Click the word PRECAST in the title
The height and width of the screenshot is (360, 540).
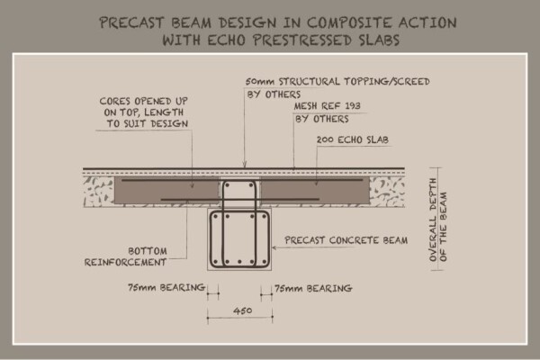point(131,22)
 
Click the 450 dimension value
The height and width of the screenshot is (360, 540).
point(242,310)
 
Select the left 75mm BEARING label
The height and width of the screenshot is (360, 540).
point(166,287)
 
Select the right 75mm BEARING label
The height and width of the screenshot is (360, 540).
point(313,288)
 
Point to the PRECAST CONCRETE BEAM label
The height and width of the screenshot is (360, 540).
point(346,240)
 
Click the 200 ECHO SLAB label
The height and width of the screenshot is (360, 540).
point(353,139)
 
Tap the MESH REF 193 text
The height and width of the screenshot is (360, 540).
point(328,106)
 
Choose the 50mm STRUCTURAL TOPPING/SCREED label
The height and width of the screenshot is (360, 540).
point(337,82)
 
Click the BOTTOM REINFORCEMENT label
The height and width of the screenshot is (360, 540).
point(126,256)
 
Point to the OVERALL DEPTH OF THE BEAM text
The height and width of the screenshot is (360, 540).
point(438,220)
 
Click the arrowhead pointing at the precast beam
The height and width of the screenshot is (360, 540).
point(274,247)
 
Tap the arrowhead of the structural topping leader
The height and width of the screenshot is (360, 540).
point(245,165)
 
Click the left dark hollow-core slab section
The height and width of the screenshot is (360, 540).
point(166,191)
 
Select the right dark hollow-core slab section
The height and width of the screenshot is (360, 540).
point(315,191)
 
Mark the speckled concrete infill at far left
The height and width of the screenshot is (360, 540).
point(99,192)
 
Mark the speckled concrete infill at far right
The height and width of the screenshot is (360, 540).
point(387,192)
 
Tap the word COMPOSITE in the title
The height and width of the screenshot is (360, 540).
point(349,22)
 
